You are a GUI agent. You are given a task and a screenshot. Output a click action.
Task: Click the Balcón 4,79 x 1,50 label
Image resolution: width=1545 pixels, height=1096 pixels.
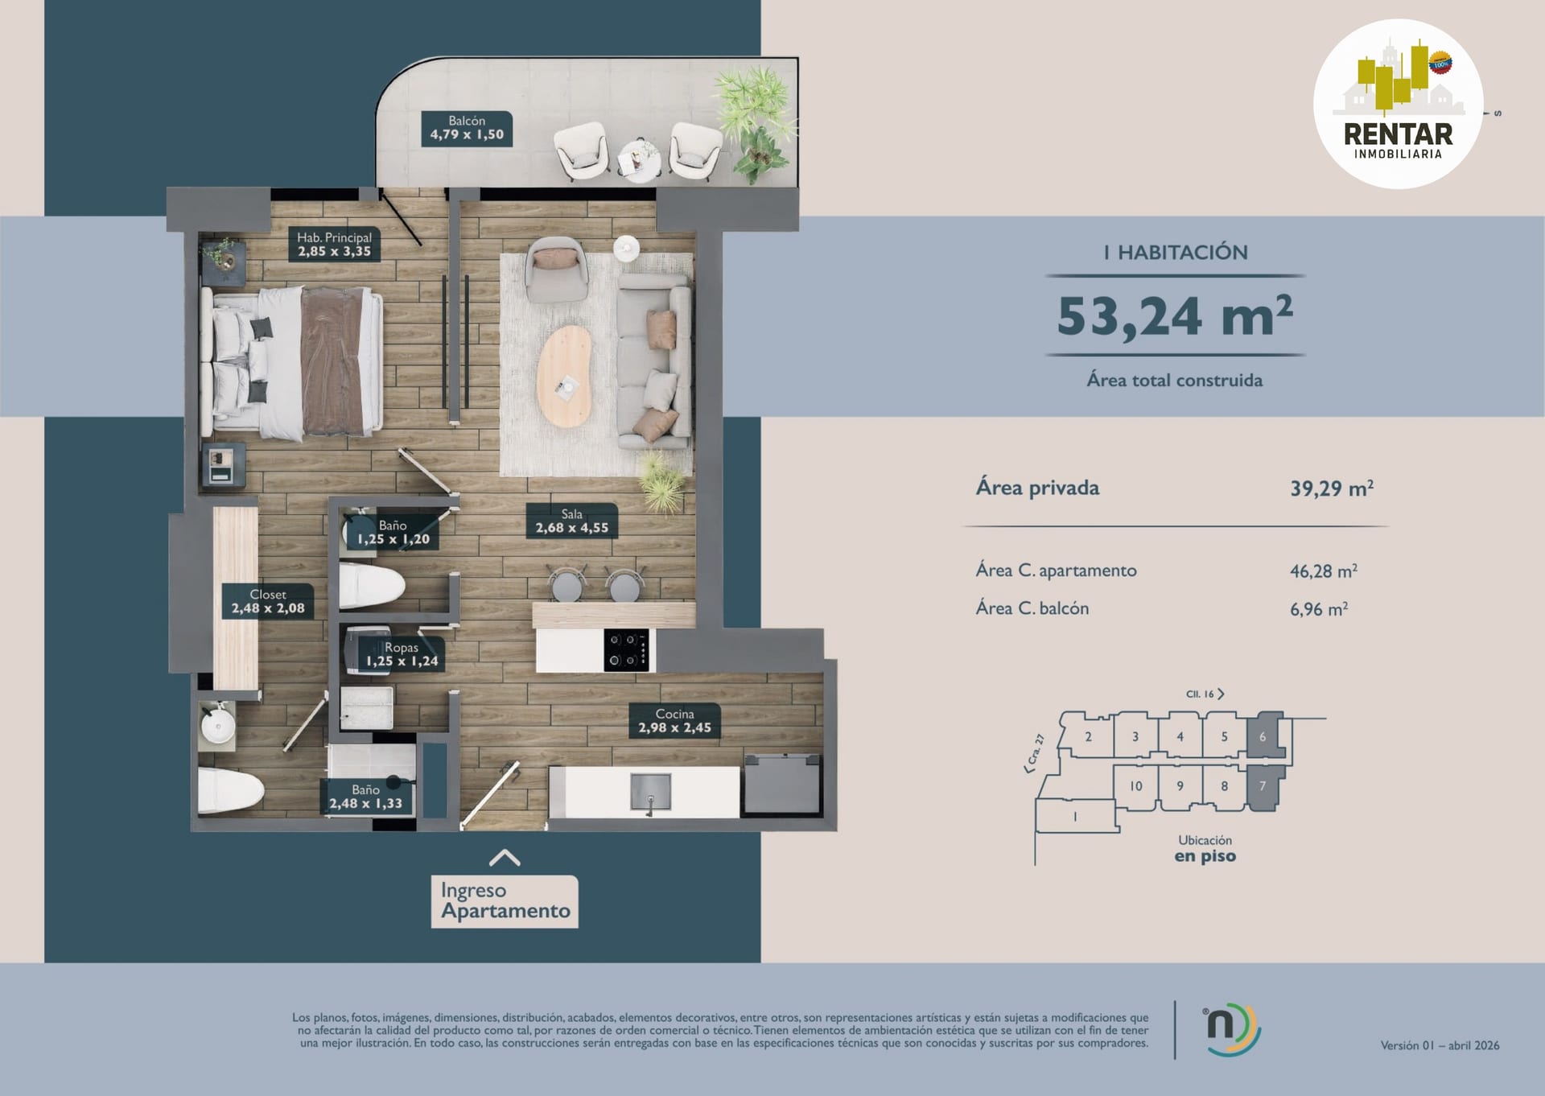click(x=467, y=129)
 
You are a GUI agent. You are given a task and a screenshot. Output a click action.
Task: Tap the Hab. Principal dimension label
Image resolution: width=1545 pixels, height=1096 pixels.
click(x=334, y=245)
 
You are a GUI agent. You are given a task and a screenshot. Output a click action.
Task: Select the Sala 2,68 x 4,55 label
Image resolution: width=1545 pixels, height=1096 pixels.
click(x=572, y=521)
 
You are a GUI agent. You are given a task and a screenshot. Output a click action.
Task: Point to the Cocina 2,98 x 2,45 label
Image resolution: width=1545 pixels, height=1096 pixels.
click(x=674, y=721)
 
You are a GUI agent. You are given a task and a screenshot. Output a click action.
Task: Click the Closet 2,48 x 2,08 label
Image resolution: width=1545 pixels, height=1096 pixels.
click(x=268, y=601)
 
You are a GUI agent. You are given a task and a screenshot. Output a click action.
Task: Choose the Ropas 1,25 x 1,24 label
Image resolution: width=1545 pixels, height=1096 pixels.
click(x=402, y=655)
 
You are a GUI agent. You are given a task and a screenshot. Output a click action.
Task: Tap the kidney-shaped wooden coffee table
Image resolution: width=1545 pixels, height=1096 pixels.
click(x=564, y=377)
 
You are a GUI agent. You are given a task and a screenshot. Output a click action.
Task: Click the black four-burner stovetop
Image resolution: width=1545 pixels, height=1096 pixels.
click(x=626, y=650)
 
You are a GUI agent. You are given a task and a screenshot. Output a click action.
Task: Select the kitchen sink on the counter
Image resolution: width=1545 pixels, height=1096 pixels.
click(x=649, y=792)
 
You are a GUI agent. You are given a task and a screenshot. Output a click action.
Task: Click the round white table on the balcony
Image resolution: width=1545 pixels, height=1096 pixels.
click(x=640, y=158)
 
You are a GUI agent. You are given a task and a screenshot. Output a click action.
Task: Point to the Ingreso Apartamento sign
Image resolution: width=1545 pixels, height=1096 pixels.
click(x=505, y=901)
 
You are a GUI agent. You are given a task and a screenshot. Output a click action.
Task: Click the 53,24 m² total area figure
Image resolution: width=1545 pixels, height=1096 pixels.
click(x=1175, y=315)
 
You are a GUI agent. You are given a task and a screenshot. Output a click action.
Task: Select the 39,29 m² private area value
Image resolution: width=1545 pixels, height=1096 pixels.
click(x=1332, y=488)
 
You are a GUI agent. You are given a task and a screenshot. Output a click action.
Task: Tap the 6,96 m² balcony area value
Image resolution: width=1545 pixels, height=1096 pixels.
click(x=1319, y=609)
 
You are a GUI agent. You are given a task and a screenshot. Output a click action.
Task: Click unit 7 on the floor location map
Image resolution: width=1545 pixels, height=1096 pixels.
click(x=1263, y=787)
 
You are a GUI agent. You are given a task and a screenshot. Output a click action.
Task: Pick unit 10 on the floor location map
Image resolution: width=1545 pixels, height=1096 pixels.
click(x=1135, y=786)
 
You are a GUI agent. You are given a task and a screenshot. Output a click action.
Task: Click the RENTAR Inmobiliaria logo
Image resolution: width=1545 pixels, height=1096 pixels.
click(x=1399, y=105)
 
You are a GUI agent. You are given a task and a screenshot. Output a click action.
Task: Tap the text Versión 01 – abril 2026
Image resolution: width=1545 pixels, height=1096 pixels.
click(x=1440, y=1046)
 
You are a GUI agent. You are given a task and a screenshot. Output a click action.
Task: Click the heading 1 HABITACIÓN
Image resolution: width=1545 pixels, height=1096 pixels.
click(x=1176, y=253)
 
